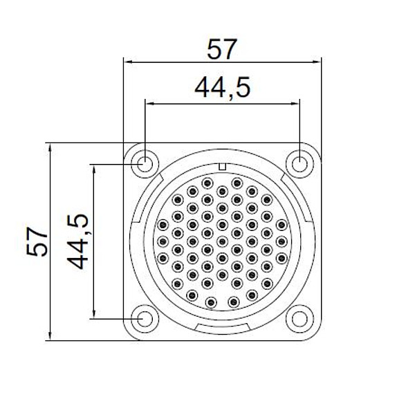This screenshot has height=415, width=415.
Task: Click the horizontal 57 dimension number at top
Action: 221,49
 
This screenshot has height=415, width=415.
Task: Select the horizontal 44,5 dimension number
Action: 222,88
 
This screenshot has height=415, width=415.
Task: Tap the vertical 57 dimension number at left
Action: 37,241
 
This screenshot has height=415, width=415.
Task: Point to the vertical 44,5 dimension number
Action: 77,241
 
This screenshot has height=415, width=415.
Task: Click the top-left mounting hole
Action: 145,165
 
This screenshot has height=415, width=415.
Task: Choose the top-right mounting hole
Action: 299,165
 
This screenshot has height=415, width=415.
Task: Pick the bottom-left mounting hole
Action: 145,319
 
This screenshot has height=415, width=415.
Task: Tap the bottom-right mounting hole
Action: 299,319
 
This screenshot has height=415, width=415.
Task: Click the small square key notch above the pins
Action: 222,167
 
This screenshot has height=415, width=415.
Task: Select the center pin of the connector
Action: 222,241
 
